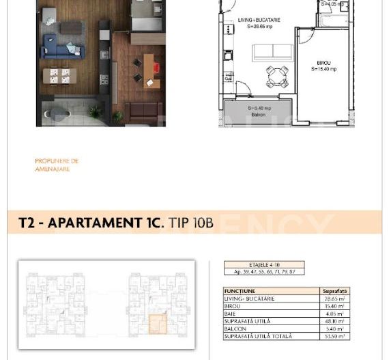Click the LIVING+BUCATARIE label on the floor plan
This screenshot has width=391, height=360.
[259, 20]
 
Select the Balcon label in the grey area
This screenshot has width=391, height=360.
[257, 115]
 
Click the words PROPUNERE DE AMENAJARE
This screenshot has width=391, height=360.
[57, 165]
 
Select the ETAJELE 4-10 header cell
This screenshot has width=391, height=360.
[264, 265]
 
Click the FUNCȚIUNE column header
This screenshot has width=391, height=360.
[240, 291]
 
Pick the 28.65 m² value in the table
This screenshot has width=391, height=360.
[334, 299]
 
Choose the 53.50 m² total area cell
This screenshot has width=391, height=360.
[334, 336]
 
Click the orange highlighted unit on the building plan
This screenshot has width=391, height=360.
[157, 323]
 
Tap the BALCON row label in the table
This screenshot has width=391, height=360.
[235, 329]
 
